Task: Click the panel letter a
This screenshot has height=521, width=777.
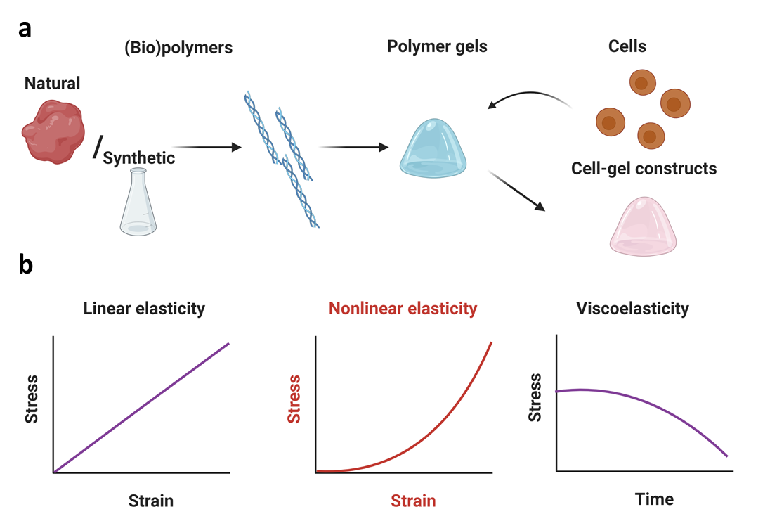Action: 25,29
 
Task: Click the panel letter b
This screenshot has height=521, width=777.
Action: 26,266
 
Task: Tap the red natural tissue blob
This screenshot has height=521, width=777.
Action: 53,131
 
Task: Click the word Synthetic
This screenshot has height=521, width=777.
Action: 139,158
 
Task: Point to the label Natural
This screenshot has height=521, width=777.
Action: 53,84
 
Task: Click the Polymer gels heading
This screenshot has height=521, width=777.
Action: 437,47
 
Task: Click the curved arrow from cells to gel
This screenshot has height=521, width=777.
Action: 532,98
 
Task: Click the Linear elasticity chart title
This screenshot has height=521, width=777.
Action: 143,308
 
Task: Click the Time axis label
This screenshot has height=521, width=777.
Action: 654,499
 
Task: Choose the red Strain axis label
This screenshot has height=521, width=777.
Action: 413,501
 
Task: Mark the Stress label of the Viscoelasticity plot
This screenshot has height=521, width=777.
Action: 535,397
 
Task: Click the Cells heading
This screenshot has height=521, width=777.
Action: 627,47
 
